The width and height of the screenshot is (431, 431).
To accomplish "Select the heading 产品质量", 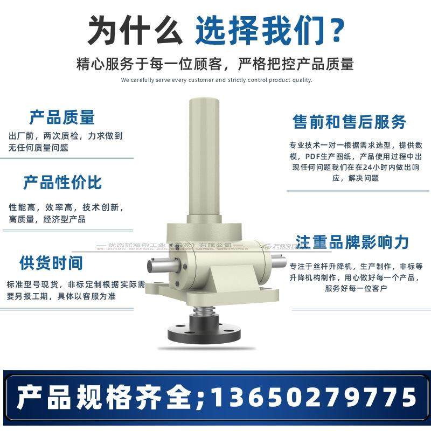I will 62,117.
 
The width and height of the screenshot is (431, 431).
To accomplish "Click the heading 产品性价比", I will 62,182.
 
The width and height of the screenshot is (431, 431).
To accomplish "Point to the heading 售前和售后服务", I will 349,122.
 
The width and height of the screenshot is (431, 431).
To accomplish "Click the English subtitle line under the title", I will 217,80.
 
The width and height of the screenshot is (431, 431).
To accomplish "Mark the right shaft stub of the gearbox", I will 278,263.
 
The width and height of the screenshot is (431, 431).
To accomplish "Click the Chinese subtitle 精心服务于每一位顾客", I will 156,64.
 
